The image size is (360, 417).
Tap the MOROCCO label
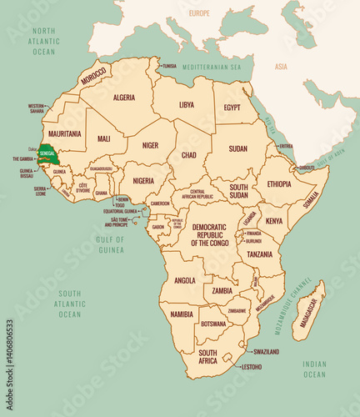coord(92,75)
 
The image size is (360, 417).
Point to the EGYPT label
coord(232,108)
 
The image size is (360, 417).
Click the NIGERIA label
coord(143,180)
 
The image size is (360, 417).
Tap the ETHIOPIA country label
coord(279,183)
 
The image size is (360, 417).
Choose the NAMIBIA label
coord(181,314)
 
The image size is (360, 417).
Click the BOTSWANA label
coord(214,323)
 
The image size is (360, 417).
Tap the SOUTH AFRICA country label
coord(208,357)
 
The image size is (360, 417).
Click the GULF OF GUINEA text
coord(110,244)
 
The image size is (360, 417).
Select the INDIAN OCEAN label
coord(314,369)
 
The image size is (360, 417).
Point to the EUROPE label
coord(199,13)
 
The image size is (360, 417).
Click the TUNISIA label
coord(169,66)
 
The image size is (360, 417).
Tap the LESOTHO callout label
coord(251,367)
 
